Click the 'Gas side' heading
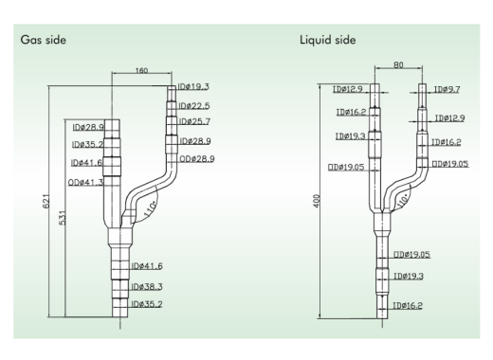44,40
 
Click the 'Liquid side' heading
328,40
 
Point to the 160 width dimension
141,70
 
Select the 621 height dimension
46,201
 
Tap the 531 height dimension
63,218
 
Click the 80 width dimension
398,64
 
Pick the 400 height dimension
317,201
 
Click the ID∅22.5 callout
194,106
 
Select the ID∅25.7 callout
194,121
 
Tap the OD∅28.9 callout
197,158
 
